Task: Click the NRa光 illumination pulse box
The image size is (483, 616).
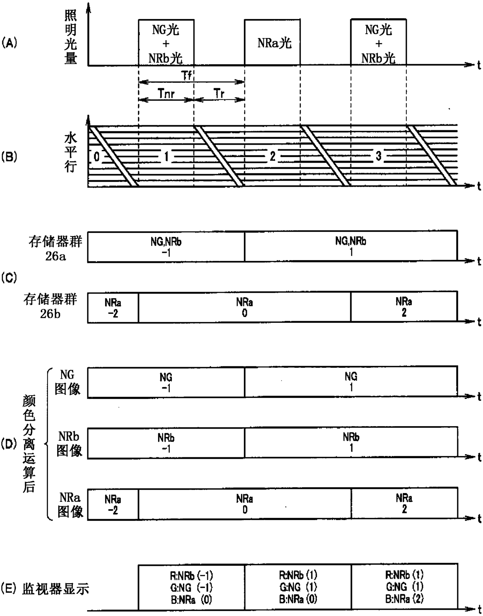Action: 272,43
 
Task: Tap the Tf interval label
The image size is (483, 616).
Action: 187,75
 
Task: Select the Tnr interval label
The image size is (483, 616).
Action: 166,93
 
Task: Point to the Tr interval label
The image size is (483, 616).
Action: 219,93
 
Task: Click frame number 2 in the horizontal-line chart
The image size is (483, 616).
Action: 273,156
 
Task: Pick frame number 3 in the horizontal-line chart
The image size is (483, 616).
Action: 378,156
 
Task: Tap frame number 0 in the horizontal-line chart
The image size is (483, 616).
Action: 97,157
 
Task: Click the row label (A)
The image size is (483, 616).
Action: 9,42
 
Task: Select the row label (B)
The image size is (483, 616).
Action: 9,157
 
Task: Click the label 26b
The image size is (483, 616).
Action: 50,313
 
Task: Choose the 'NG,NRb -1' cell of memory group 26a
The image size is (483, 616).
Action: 166,247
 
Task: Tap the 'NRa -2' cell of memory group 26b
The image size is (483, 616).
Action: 113,308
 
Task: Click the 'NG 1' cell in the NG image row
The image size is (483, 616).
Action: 351,382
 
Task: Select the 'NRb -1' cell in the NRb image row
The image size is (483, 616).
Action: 166,443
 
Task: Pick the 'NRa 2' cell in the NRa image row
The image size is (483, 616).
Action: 404,504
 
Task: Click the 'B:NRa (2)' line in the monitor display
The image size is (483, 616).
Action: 404,599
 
